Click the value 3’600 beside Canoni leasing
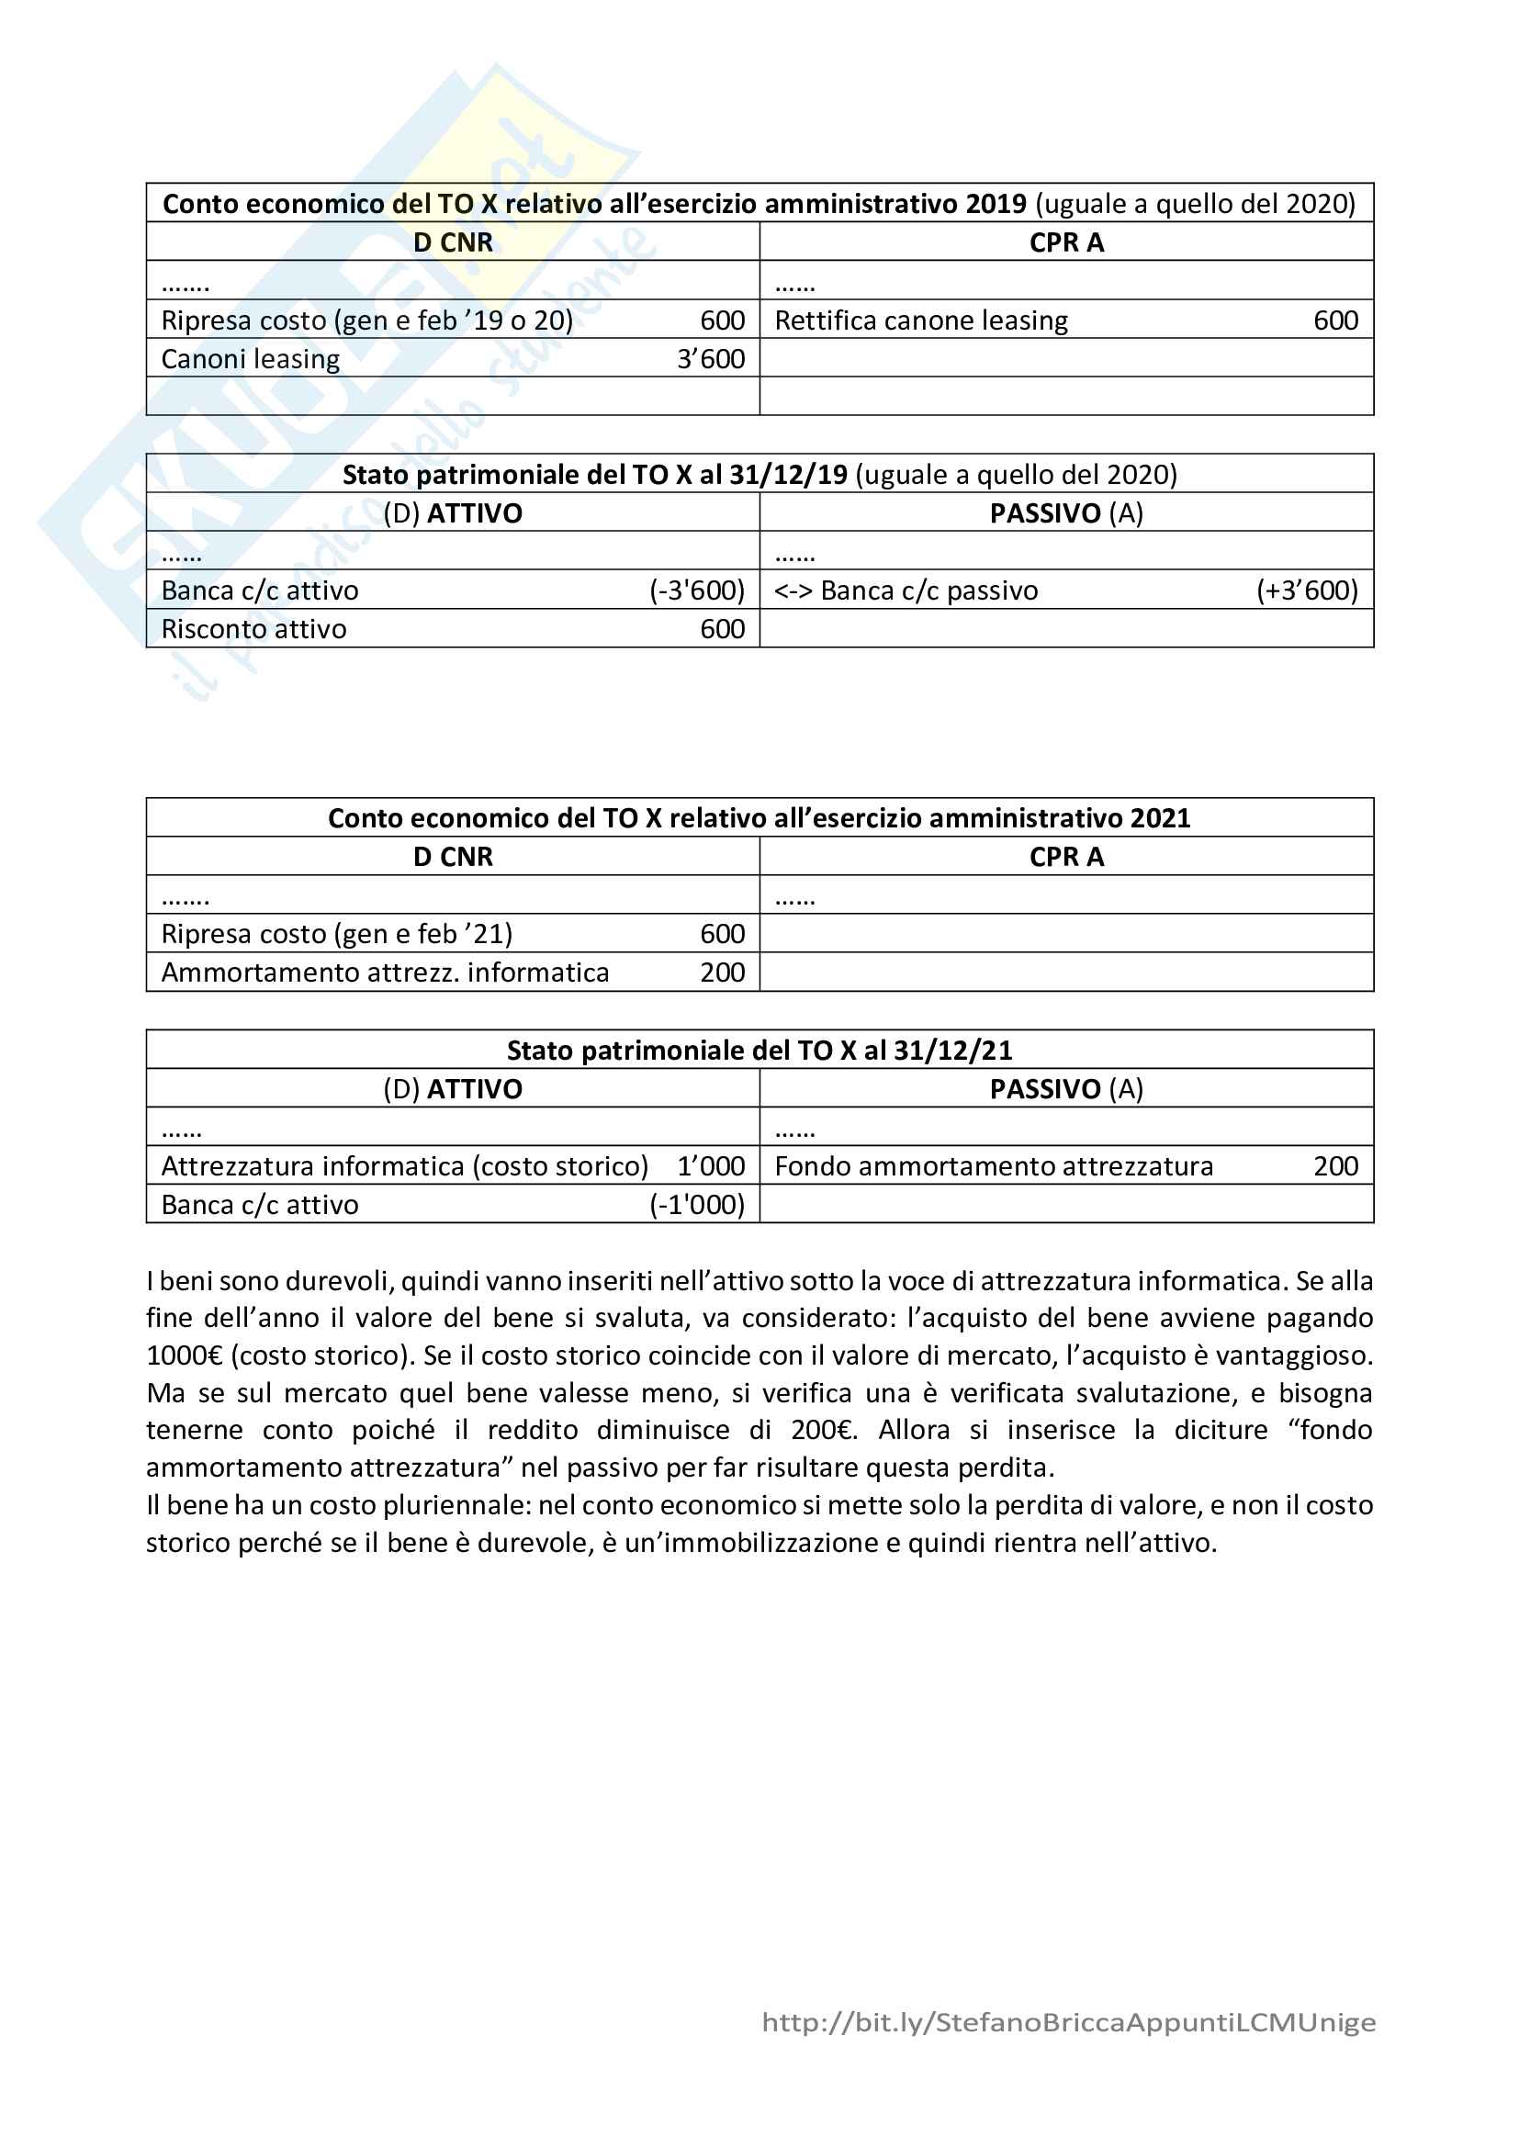pyautogui.click(x=711, y=359)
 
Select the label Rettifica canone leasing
pyautogui.click(x=920, y=321)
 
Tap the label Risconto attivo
pyautogui.click(x=253, y=630)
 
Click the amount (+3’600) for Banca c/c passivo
pyautogui.click(x=1307, y=591)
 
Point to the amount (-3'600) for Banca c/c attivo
pyautogui.click(x=697, y=591)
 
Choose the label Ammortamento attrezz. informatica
pyautogui.click(x=385, y=973)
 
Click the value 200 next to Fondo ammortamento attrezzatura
pyautogui.click(x=1335, y=1166)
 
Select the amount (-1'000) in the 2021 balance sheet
pyautogui.click(x=697, y=1205)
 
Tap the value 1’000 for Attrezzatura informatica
pyautogui.click(x=711, y=1166)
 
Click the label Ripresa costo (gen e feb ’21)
pyautogui.click(x=337, y=935)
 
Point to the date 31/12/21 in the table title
pyautogui.click(x=953, y=1051)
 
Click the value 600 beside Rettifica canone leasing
pyautogui.click(x=1335, y=321)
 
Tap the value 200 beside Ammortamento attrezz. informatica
pyautogui.click(x=722, y=973)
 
